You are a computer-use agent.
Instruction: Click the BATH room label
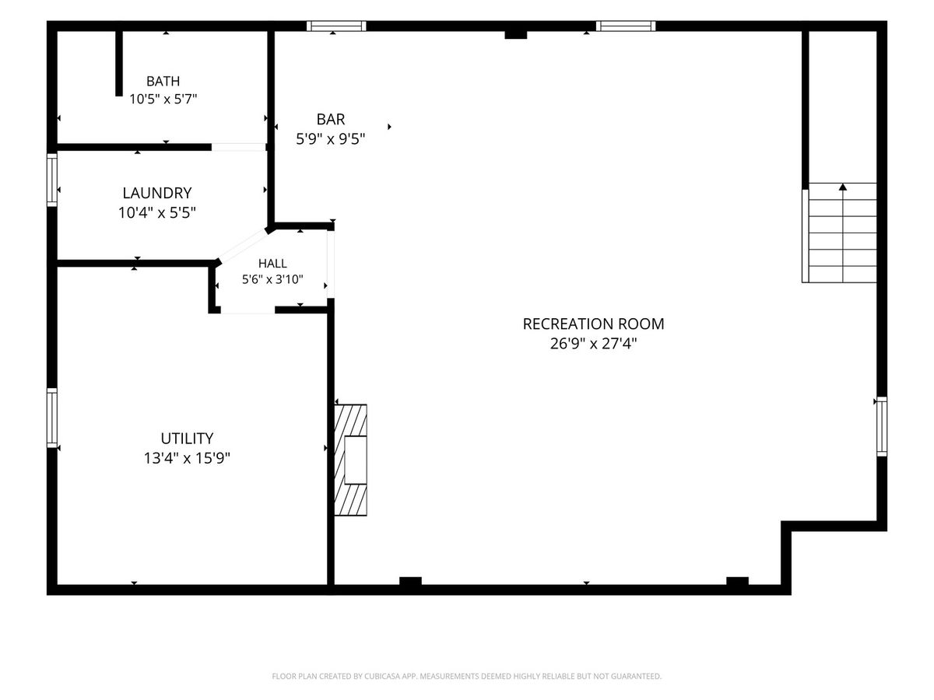163,81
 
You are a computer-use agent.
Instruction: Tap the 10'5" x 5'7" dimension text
163,100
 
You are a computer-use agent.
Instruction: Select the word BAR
331,120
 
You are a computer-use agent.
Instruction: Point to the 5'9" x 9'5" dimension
331,139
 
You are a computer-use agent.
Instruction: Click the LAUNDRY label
157,193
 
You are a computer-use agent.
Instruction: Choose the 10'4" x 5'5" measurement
157,212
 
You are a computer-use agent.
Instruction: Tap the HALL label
272,264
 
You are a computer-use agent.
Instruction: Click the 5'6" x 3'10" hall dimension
272,279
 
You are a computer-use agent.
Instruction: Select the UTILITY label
187,438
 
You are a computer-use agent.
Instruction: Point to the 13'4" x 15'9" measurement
187,458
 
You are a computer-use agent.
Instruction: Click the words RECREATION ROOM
593,324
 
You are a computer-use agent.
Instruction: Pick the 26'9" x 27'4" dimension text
593,344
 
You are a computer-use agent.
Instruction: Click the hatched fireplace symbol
350,460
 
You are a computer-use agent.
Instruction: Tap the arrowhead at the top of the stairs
842,187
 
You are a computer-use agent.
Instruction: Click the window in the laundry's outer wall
52,180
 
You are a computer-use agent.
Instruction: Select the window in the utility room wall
52,418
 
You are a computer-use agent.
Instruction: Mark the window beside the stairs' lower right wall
882,427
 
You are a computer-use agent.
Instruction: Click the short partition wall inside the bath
119,63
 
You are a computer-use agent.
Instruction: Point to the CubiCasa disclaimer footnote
467,676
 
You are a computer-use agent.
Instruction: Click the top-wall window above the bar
336,26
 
